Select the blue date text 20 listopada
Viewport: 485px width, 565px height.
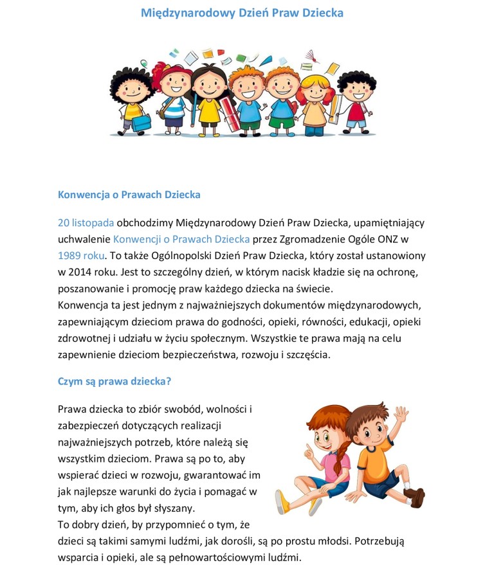(86, 223)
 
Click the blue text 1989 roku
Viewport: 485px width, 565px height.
(81, 255)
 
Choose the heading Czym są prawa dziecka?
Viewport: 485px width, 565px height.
(114, 381)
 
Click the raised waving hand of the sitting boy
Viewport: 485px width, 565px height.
(401, 414)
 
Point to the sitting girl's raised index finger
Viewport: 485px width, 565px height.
(308, 445)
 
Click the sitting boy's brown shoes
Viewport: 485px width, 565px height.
(415, 497)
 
